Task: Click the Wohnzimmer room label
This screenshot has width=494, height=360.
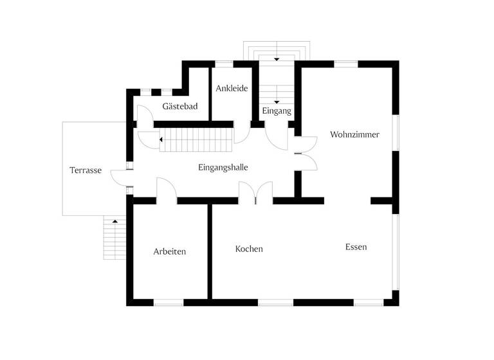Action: coord(354,135)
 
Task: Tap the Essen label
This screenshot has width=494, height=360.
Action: coord(356,247)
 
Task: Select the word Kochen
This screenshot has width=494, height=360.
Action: coord(249,249)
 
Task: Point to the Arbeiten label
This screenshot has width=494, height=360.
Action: coord(170,251)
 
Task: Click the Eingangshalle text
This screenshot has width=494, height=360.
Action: coord(223,167)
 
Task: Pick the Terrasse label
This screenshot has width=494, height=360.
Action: coord(86,170)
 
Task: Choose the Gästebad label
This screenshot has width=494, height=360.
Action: coord(179,107)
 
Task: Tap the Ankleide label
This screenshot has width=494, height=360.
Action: coord(232,88)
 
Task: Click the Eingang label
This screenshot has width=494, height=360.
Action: coord(277,111)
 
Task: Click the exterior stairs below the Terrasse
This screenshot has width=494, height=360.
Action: coord(114,237)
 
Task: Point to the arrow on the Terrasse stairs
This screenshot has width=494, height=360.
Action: coord(115,221)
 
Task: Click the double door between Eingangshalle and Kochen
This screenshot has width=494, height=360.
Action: coord(255,192)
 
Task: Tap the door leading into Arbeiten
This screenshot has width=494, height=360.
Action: coord(167,191)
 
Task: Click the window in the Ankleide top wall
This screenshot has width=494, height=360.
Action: coord(223,64)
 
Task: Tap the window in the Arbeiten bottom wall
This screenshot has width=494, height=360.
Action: coord(168,302)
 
